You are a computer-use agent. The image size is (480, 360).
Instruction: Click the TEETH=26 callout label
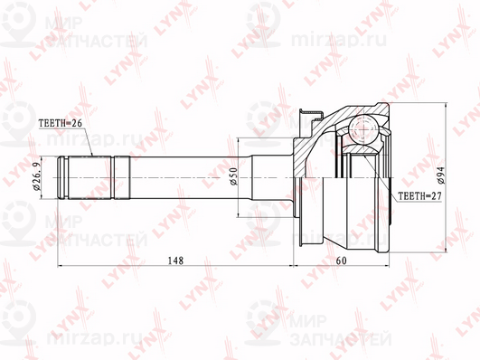click(x=61, y=123)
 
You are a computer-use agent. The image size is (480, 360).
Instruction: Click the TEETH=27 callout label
click(x=420, y=196)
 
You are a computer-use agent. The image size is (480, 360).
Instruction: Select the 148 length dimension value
click(x=175, y=261)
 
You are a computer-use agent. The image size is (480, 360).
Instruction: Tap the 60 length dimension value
click(x=341, y=261)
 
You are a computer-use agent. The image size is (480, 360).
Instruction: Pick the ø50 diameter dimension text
click(x=233, y=176)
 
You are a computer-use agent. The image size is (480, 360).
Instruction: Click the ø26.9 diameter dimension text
click(x=36, y=176)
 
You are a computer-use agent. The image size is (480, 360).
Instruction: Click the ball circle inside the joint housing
click(x=363, y=129)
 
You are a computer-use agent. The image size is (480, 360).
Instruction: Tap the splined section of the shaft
click(x=89, y=178)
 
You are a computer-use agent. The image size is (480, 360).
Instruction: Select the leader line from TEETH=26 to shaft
click(x=88, y=143)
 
